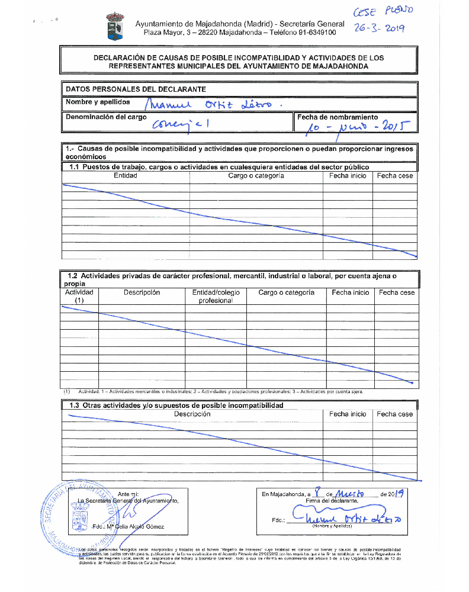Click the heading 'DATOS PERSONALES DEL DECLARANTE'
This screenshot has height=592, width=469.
click(x=136, y=89)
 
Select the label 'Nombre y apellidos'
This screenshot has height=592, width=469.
click(x=98, y=102)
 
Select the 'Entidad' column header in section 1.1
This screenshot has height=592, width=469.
click(x=126, y=176)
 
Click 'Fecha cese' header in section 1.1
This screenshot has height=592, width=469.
click(x=395, y=176)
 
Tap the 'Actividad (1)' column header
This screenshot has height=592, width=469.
click(x=79, y=296)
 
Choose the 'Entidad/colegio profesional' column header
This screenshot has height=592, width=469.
click(x=216, y=296)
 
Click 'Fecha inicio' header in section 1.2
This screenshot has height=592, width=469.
click(x=350, y=292)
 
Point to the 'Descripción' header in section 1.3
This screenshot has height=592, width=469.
click(x=192, y=414)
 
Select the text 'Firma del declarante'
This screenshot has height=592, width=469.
click(x=332, y=501)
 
